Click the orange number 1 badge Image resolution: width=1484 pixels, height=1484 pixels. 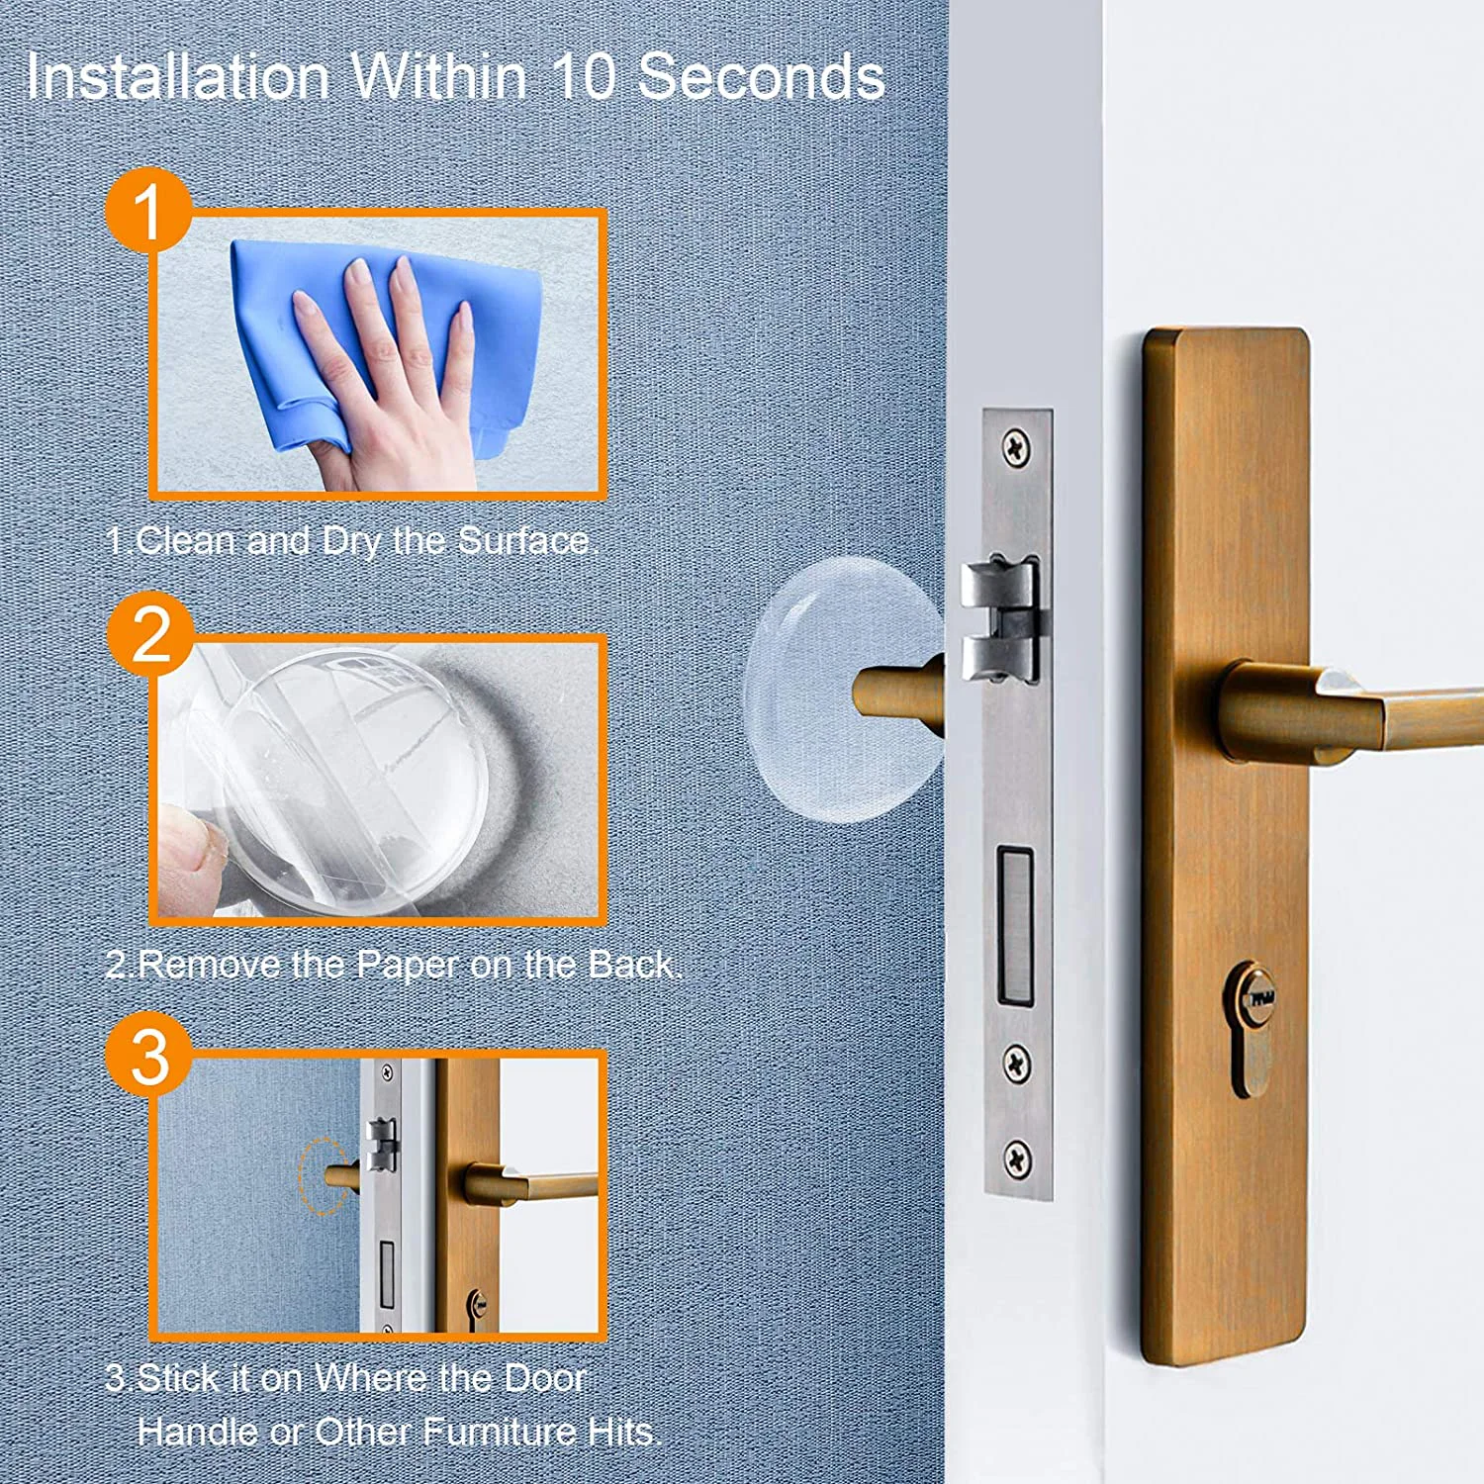tap(148, 210)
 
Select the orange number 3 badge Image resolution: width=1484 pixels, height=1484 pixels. tap(149, 1055)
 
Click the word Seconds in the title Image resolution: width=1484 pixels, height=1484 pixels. tap(760, 76)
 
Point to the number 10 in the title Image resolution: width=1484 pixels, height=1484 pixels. tap(584, 76)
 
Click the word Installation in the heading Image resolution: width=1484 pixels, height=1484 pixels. tap(179, 76)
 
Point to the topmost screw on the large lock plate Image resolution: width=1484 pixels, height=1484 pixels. tap(1016, 449)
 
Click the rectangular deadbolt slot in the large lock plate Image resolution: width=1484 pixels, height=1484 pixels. tap(1015, 925)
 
